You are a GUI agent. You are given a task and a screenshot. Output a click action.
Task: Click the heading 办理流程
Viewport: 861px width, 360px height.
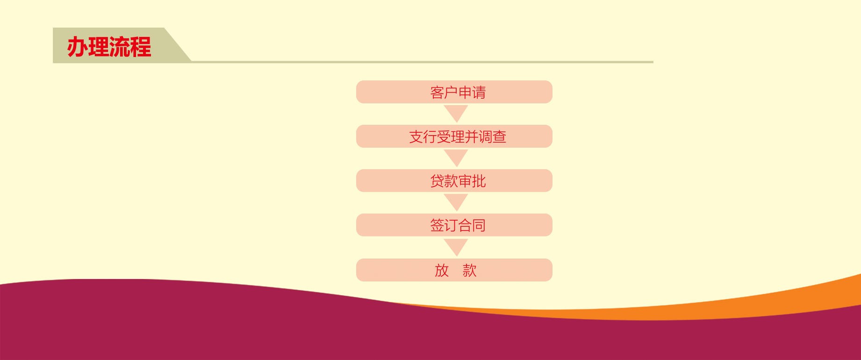[109, 47]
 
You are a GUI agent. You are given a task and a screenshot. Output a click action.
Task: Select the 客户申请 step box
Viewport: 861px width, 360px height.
[454, 92]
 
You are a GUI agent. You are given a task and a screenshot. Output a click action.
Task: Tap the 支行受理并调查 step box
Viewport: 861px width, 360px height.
[454, 137]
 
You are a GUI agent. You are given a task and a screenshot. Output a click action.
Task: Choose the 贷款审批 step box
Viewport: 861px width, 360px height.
[454, 181]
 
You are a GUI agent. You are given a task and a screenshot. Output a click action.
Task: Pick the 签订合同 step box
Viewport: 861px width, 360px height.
[454, 225]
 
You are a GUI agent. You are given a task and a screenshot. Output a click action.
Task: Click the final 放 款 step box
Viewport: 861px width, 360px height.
[454, 270]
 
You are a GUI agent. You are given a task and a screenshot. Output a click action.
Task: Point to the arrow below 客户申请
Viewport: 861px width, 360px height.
[456, 113]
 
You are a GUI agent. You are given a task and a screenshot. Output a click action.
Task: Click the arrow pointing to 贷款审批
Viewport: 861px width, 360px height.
[456, 157]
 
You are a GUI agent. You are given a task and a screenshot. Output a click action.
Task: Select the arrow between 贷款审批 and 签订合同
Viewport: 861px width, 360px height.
[456, 202]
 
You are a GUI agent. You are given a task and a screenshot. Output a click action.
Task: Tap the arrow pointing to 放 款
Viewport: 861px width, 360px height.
[456, 246]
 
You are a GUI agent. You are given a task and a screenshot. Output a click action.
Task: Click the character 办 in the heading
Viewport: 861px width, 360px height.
[78, 47]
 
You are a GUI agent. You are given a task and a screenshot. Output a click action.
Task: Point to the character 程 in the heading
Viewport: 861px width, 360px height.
[141, 47]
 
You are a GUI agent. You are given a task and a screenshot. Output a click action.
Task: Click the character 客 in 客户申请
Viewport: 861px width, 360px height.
[437, 93]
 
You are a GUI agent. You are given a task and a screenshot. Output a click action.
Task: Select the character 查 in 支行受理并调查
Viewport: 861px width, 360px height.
[500, 137]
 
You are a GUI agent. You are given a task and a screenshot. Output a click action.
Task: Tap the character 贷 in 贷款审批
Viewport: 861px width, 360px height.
[437, 181]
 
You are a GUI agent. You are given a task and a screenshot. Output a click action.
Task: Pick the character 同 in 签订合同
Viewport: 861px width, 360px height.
[479, 226]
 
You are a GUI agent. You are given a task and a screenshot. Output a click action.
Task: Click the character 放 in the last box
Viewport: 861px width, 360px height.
[442, 270]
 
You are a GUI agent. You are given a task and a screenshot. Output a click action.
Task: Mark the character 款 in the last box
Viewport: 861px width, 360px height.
[470, 270]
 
